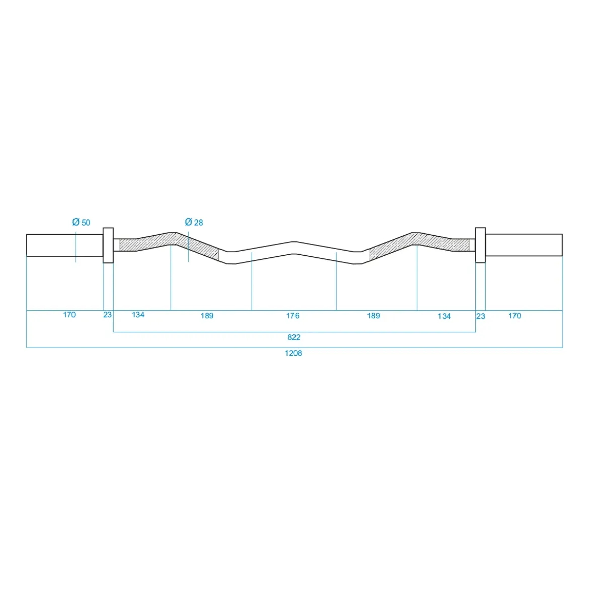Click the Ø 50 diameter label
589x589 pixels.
(81, 223)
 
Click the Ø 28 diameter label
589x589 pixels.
(194, 223)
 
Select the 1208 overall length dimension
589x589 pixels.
(293, 353)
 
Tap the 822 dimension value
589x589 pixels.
(294, 337)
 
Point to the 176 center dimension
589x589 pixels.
(292, 316)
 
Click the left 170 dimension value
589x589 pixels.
(69, 315)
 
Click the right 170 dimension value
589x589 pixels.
(514, 316)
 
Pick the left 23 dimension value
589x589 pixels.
(107, 315)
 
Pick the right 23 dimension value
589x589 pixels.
(480, 316)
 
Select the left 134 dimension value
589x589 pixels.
(138, 315)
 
